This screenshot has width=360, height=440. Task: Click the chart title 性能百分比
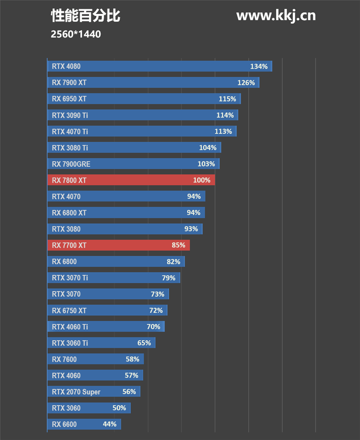85,16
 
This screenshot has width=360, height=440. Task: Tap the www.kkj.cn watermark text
276,16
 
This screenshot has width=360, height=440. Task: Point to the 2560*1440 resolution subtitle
76,34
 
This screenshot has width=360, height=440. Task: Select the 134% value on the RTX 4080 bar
259,67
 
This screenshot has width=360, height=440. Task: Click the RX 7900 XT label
69,83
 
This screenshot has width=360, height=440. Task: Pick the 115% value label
227,99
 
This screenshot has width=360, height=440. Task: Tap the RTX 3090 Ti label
70,115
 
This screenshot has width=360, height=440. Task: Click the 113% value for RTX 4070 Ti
223,132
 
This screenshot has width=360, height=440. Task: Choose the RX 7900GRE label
71,164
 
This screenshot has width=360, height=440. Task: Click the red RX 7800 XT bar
130,180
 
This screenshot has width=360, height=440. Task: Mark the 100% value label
202,180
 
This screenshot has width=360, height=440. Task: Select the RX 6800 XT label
69,213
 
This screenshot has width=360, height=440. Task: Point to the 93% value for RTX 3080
191,229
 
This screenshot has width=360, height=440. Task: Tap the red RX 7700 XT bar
118,245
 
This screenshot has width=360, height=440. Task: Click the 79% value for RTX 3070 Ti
169,278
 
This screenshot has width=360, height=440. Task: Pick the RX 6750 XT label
69,310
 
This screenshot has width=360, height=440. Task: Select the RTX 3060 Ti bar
101,343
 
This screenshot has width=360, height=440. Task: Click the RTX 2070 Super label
76,392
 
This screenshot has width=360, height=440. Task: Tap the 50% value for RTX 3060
119,408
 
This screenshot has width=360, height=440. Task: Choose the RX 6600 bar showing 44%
84,424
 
